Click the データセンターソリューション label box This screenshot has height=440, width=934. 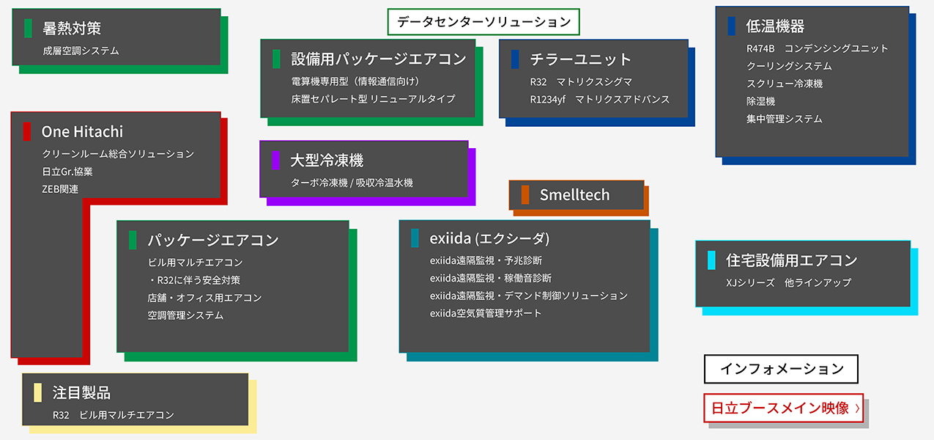tap(483, 22)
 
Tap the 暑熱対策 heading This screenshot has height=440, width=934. tap(72, 28)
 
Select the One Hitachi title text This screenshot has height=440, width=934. tap(82, 132)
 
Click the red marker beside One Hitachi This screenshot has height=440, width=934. tap(26, 132)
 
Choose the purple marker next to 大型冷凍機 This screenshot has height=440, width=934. tap(275, 160)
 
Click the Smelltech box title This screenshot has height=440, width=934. tap(574, 195)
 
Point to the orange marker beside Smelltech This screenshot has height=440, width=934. tap(525, 195)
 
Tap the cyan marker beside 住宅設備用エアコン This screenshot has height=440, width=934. tap(711, 260)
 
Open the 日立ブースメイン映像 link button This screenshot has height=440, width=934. tap(782, 408)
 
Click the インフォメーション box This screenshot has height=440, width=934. tap(781, 369)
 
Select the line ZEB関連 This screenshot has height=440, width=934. tap(60, 189)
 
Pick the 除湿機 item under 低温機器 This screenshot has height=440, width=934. tap(760, 101)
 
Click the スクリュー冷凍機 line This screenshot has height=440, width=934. tap(785, 84)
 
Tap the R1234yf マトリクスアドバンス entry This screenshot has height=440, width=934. tap(599, 99)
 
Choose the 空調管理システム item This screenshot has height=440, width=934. tap(185, 315)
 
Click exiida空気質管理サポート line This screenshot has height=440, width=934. tap(486, 313)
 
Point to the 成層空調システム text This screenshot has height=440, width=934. tap(81, 51)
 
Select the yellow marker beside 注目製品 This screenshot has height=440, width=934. tap(37, 393)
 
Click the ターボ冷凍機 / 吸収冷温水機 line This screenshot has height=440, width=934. tap(352, 183)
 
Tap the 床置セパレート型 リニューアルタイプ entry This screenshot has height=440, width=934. tap(373, 99)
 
